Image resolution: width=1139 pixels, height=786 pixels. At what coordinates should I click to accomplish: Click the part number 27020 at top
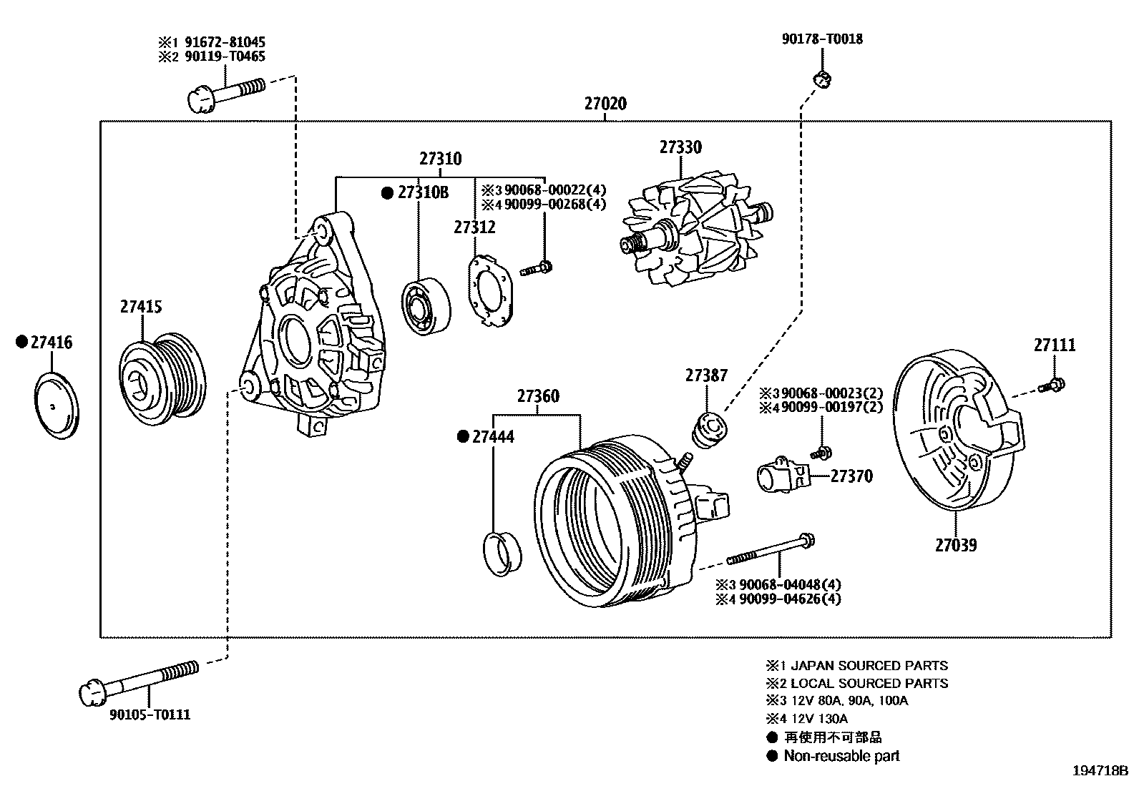605,104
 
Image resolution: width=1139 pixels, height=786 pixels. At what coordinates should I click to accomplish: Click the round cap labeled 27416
57,406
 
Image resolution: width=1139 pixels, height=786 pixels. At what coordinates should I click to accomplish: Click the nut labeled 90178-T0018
821,79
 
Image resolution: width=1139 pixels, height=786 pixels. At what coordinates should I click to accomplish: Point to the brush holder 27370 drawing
783,477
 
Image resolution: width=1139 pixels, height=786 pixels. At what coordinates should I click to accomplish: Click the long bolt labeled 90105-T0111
136,680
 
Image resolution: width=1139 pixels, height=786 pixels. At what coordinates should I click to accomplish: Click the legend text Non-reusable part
841,756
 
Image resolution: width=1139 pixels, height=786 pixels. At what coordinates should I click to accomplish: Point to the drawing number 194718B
1098,771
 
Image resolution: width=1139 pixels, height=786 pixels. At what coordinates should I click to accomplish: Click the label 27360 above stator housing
538,396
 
